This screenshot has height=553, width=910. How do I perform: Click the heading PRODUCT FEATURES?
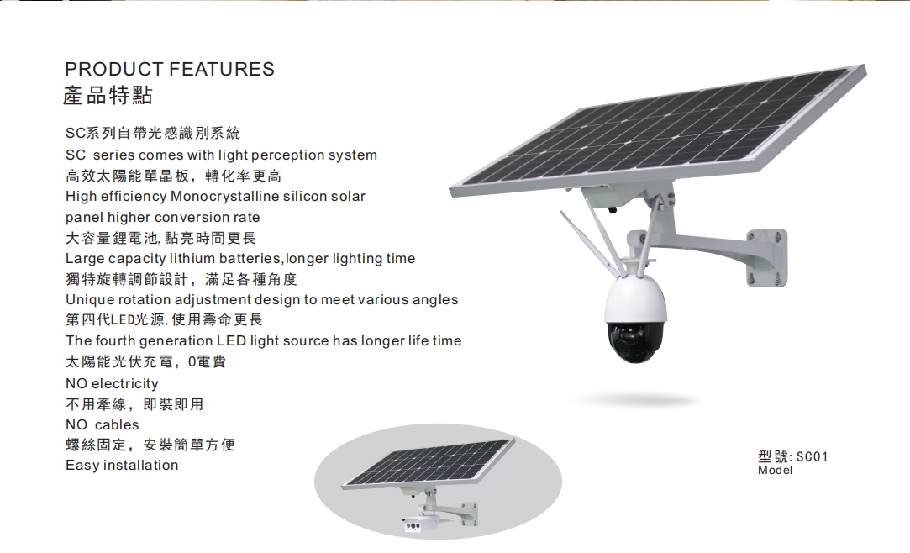click(x=170, y=69)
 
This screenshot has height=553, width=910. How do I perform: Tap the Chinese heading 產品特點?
click(x=108, y=95)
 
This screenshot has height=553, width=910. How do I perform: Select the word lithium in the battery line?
click(x=192, y=258)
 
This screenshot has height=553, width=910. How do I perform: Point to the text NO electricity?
click(x=112, y=383)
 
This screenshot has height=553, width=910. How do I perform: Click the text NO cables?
click(x=103, y=424)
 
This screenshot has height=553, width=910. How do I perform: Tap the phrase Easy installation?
click(x=122, y=466)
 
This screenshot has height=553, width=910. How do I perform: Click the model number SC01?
click(x=812, y=456)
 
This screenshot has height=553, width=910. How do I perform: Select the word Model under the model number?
click(x=775, y=470)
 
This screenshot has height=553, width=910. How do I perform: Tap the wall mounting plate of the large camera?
click(x=767, y=258)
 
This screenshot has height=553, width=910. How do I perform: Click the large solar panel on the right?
click(x=658, y=131)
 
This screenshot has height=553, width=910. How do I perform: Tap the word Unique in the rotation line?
click(x=90, y=300)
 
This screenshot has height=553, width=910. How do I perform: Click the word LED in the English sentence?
click(x=232, y=340)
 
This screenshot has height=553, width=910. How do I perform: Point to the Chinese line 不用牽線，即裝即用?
click(x=134, y=404)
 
